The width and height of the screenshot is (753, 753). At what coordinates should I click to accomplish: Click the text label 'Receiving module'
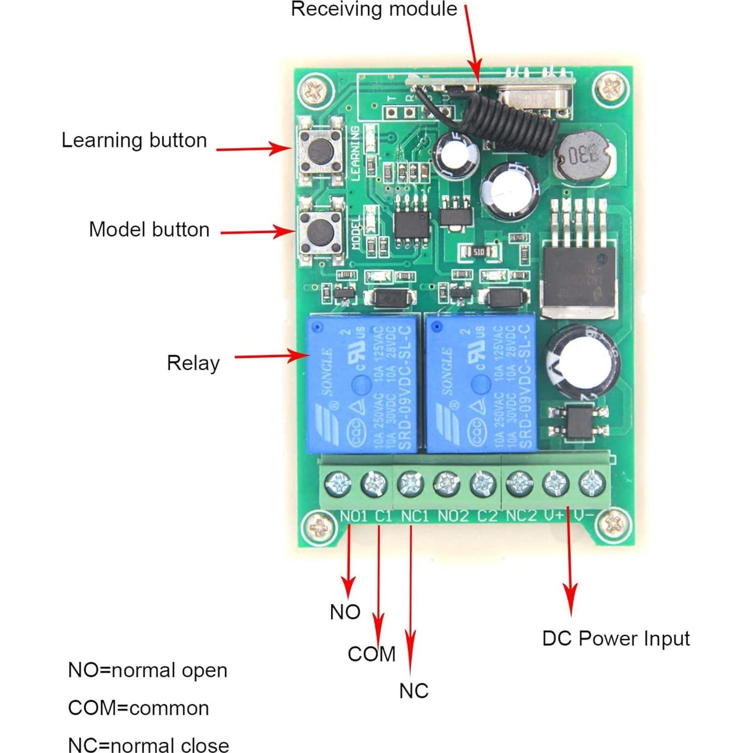click(374, 9)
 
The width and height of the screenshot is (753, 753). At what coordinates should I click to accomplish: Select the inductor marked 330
click(584, 158)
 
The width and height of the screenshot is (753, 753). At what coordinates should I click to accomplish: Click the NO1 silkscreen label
click(354, 516)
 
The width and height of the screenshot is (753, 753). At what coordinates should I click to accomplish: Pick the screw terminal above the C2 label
click(483, 484)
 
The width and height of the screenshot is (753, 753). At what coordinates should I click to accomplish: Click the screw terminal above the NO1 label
click(338, 484)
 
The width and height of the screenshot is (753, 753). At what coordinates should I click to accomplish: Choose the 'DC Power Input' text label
click(615, 639)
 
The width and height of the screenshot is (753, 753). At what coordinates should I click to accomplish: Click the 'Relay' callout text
click(193, 363)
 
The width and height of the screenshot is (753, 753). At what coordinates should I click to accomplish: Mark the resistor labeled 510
click(478, 251)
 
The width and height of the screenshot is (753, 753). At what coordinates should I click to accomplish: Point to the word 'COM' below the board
click(371, 654)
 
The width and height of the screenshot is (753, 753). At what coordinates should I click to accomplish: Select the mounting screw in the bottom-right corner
click(613, 525)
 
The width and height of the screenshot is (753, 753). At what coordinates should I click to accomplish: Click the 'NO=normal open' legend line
click(148, 670)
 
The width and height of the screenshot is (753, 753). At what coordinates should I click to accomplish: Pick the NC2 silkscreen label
click(521, 516)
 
